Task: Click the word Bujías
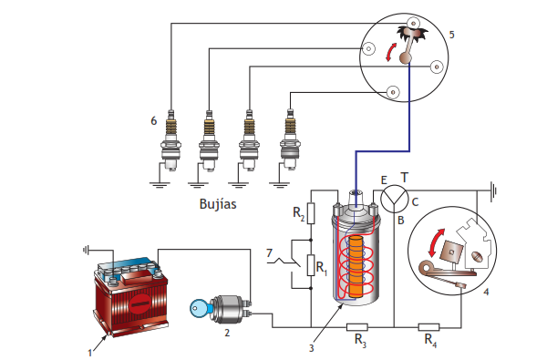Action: (218, 204)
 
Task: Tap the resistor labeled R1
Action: (311, 265)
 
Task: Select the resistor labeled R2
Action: (311, 213)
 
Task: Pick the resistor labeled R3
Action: (356, 327)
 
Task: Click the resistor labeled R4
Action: (428, 327)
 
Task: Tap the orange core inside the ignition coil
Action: (356, 266)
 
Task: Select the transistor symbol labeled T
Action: (394, 199)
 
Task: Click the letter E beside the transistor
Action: (384, 180)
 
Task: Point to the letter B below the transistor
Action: (400, 221)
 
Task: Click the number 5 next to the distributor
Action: (452, 35)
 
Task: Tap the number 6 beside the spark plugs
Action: (153, 121)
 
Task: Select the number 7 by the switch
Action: (269, 252)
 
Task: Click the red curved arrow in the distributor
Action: (391, 52)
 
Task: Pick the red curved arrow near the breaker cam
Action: (435, 242)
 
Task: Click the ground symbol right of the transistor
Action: (493, 191)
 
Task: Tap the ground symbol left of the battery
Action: (86, 250)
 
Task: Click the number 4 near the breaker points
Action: (486, 292)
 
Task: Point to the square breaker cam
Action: (452, 252)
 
